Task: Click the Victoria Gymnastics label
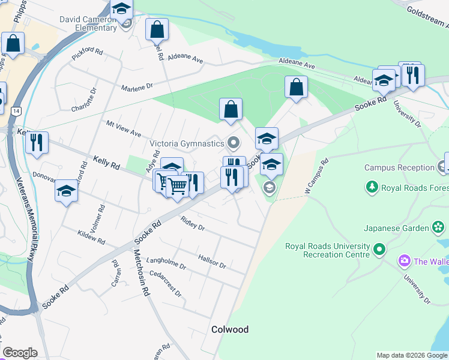coord(186,143)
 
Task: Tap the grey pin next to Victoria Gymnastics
coord(233,143)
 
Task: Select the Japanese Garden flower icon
coord(439,227)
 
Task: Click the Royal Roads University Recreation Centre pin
coord(379,248)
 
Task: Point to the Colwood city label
coord(230,329)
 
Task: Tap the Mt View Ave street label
coord(123,128)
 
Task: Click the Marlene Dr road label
coord(138,88)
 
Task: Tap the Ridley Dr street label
coord(193,224)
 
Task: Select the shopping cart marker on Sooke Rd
coord(177,187)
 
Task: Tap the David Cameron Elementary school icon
coord(122,10)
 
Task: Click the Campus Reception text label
coord(399,168)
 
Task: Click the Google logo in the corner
coord(20,353)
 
